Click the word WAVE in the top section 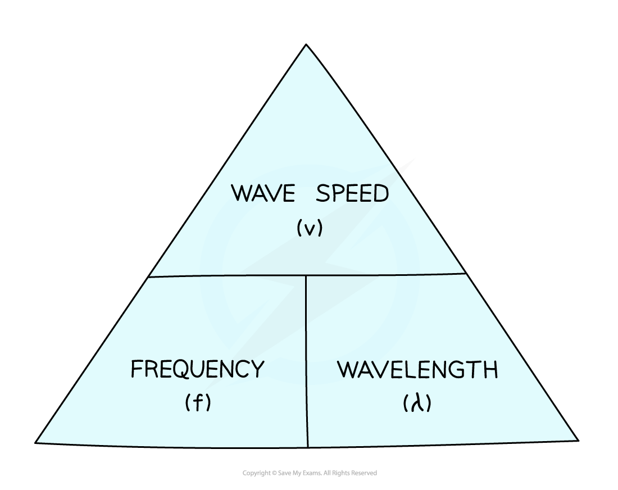pos(263,193)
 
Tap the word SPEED pos(352,193)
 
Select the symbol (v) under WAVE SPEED pos(310,228)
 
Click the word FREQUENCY pos(197,369)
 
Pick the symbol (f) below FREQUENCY pos(198,402)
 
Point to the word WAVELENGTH pos(417,369)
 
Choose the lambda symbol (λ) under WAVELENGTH pos(417,403)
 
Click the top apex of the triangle pos(306,44)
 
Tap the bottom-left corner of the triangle pos(35,443)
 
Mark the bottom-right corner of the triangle pos(578,441)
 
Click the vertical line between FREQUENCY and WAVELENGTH pos(307,361)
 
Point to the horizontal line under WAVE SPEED pos(307,275)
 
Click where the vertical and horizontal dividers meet pos(306,275)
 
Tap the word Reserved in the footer pos(364,473)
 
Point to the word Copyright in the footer pos(256,473)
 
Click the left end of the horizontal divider pos(148,277)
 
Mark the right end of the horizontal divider pos(466,273)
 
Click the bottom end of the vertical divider pos(307,447)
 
